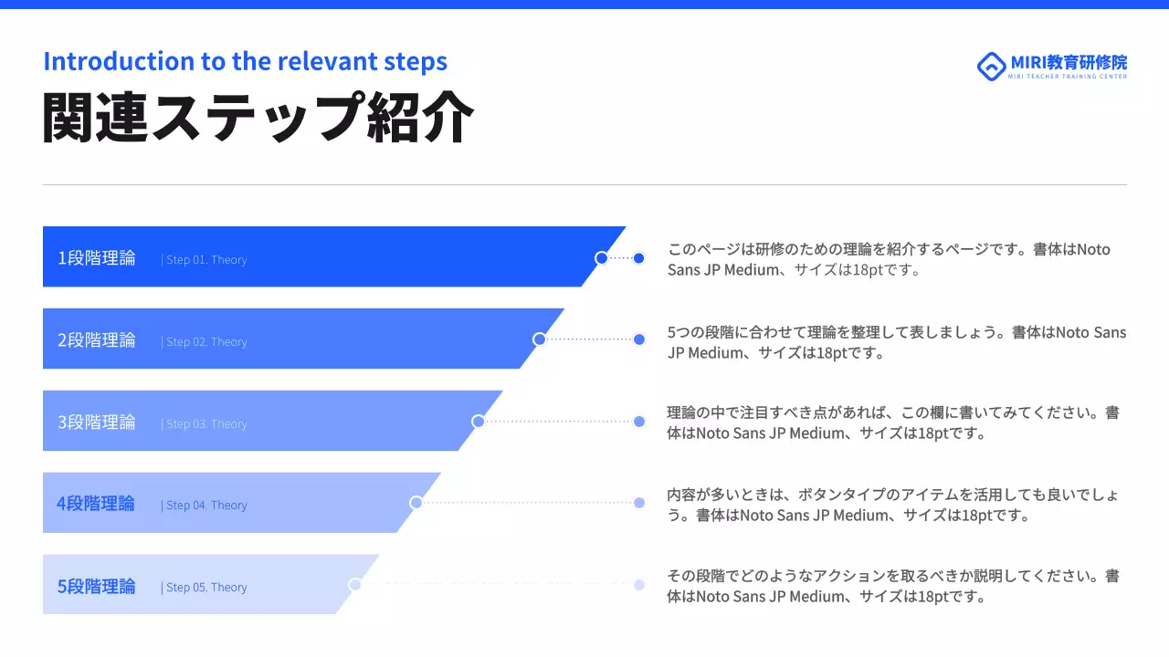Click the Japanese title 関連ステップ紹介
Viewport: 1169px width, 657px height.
tap(258, 118)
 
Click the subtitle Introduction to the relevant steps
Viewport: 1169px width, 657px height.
tap(245, 61)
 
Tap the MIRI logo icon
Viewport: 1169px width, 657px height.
tap(990, 66)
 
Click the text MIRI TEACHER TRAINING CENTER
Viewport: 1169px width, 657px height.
tap(1068, 77)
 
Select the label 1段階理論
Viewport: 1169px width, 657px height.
tap(97, 258)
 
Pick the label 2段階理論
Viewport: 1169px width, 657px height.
tap(97, 340)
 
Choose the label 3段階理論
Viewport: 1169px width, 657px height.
tap(97, 422)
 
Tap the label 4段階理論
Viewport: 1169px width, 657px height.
tap(96, 504)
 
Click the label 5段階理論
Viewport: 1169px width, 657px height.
tap(97, 586)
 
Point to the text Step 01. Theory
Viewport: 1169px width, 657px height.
tap(206, 260)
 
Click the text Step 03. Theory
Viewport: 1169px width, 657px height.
tap(206, 424)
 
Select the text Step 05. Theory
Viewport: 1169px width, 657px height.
tap(206, 588)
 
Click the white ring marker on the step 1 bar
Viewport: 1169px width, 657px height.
tap(601, 258)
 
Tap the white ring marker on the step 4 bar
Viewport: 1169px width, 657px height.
tap(416, 503)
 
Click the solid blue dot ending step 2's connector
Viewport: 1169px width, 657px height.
tap(639, 339)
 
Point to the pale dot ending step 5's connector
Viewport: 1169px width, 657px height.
tap(639, 585)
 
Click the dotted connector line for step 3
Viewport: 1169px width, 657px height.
tap(559, 422)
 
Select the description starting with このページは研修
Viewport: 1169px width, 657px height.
tap(889, 259)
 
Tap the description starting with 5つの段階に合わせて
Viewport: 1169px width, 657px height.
tap(896, 342)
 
